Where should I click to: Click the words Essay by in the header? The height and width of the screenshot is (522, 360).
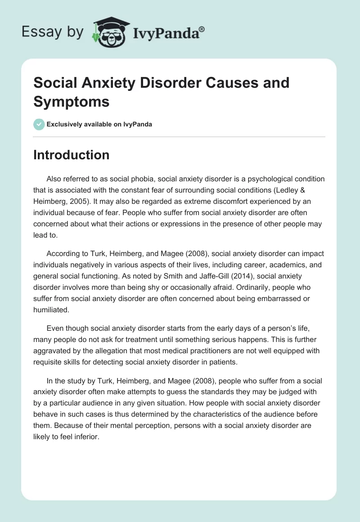[x=52, y=32]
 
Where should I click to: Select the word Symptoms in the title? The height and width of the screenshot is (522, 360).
[x=72, y=102]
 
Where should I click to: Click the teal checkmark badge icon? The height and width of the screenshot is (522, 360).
[x=39, y=124]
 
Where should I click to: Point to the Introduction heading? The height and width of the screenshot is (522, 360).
[x=72, y=155]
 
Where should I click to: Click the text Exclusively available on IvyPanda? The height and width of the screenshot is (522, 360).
[x=99, y=124]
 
